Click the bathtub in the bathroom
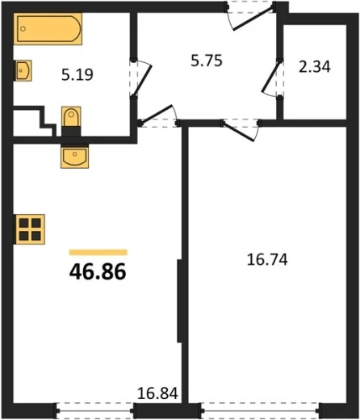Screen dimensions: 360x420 [x=48, y=28]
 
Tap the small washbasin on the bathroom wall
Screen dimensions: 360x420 [x=23, y=70]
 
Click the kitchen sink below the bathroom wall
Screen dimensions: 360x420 [x=74, y=157]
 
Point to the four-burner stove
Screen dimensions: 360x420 [x=29, y=229]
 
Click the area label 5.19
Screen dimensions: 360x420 [x=77, y=74]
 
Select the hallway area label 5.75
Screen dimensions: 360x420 [x=207, y=61]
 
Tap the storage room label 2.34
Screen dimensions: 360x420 [x=314, y=67]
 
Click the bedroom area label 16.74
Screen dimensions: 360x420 [x=267, y=260]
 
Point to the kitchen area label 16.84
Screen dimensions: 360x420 [x=157, y=393]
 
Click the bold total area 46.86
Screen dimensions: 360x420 [x=98, y=271]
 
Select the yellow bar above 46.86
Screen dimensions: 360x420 [x=98, y=252]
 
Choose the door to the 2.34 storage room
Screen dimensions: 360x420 [x=272, y=78]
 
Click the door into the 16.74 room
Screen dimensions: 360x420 [x=239, y=132]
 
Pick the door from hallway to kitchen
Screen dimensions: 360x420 [x=157, y=114]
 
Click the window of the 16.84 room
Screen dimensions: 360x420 [x=94, y=410]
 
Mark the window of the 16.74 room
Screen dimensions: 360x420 [x=260, y=410]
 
